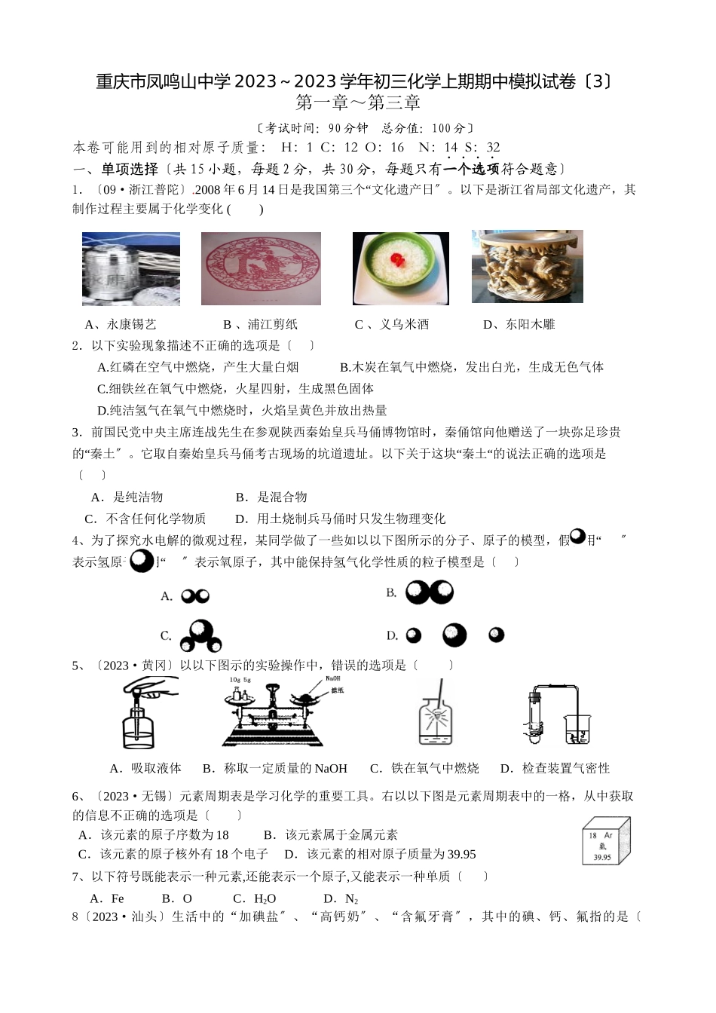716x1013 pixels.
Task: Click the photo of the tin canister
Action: [x=130, y=268]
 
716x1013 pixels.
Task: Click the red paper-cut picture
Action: [x=261, y=268]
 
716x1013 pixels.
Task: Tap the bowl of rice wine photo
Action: [x=400, y=268]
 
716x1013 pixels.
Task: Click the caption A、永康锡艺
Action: [x=121, y=324]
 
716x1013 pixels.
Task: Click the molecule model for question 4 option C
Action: [x=200, y=635]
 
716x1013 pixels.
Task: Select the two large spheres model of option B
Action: [x=429, y=592]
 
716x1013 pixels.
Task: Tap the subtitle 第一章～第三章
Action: [x=358, y=103]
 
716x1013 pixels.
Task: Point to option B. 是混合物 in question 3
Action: [x=271, y=497]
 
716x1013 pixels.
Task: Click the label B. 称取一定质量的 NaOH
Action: [x=275, y=768]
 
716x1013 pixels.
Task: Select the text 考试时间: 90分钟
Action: [x=315, y=128]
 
